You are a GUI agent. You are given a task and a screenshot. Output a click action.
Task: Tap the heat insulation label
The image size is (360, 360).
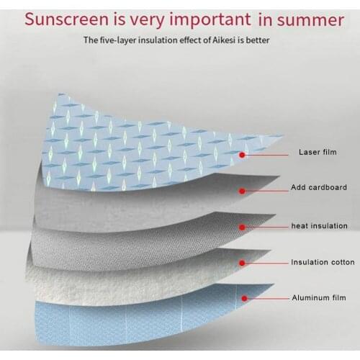pos(319,225)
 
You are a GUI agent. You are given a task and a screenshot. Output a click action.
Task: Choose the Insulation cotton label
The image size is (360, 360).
pos(323,262)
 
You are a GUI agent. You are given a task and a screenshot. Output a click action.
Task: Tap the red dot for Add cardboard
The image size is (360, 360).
pos(242,190)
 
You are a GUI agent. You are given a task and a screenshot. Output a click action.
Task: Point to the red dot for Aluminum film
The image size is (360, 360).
pos(245,297)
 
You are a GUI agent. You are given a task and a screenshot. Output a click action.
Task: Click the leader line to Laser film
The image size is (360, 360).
pos(266,153)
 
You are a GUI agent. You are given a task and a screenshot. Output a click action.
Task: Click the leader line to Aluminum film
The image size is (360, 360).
pos(266,297)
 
